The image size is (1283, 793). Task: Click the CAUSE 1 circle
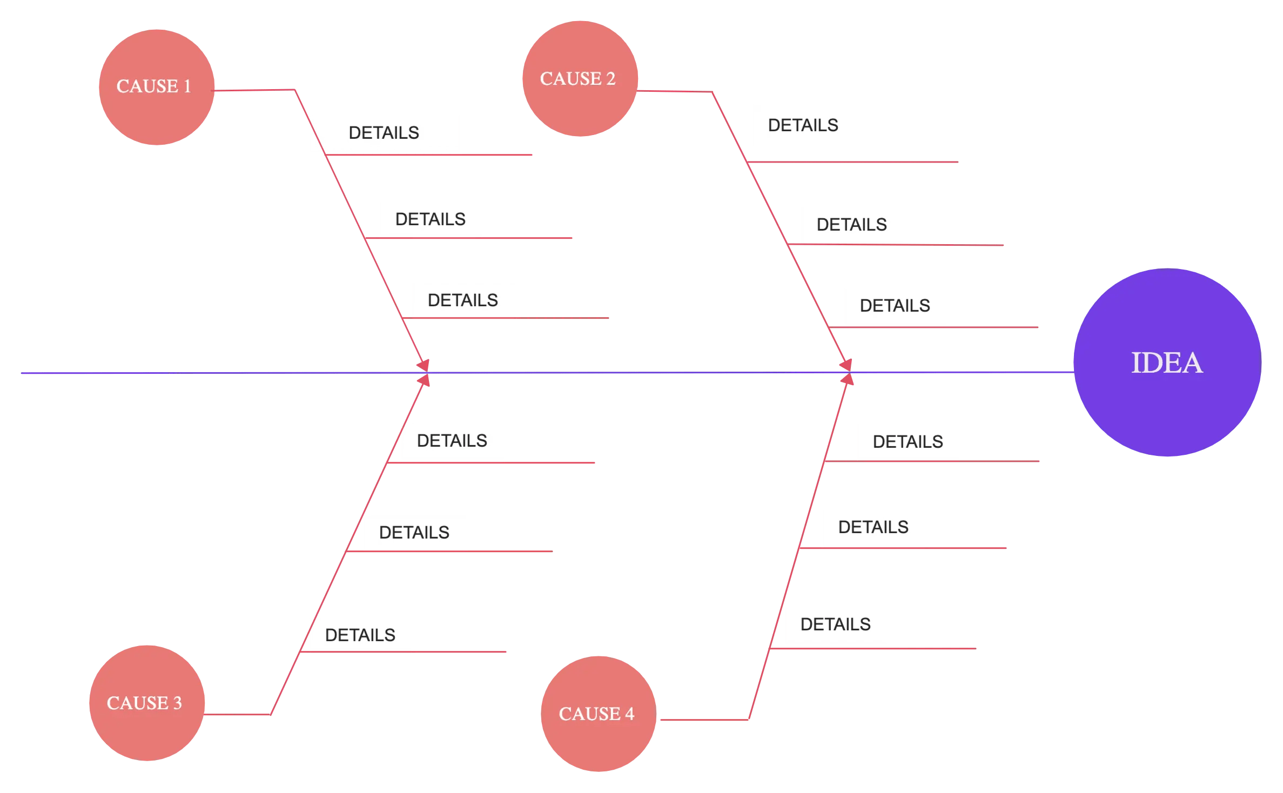[156, 88]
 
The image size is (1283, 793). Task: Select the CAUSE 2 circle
[580, 79]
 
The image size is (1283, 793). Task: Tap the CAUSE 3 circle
[146, 703]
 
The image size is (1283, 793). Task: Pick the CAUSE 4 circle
[598, 714]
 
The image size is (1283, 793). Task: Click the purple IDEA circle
[1167, 363]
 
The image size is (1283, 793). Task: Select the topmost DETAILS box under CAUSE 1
[384, 133]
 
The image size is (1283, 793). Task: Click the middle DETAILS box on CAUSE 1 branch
[431, 219]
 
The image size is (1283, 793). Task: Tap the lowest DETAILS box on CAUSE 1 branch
[463, 300]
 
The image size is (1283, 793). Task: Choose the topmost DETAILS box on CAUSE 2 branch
[803, 125]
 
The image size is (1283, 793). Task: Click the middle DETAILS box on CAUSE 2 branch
[852, 225]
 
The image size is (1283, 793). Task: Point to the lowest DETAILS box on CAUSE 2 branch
[895, 306]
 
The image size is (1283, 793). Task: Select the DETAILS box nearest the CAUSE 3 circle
[360, 635]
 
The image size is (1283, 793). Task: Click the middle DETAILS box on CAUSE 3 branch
[414, 533]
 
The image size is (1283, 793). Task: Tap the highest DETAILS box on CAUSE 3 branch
[452, 441]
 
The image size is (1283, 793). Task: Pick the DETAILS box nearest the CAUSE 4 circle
[836, 624]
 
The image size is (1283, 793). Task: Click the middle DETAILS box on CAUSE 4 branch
[874, 527]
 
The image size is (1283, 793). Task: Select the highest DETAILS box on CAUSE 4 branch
[908, 442]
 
